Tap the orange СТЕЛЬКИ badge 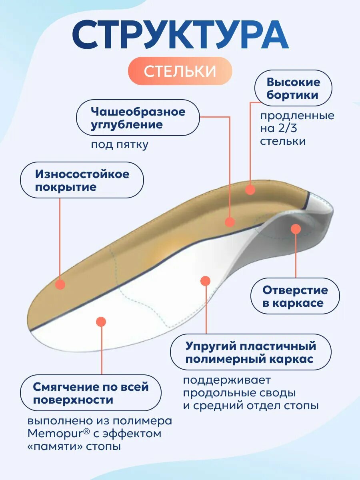coord(180,71)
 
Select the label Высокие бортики coord(293,88)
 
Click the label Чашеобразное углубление coord(138,118)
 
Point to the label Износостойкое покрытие coord(82,180)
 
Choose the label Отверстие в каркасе coord(295,296)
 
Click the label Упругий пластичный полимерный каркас coord(250,352)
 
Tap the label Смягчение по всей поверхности coord(91,393)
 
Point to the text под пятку coord(120,144)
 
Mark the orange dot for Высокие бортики coord(250,190)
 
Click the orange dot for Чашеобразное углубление coord(230,222)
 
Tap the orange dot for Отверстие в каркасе coord(296,229)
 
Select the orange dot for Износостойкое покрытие coord(60,284)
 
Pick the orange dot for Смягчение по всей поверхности coord(101,322)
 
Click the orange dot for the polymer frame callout coord(205,281)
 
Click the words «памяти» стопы coord(74,446)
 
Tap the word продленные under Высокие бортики coord(297,116)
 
